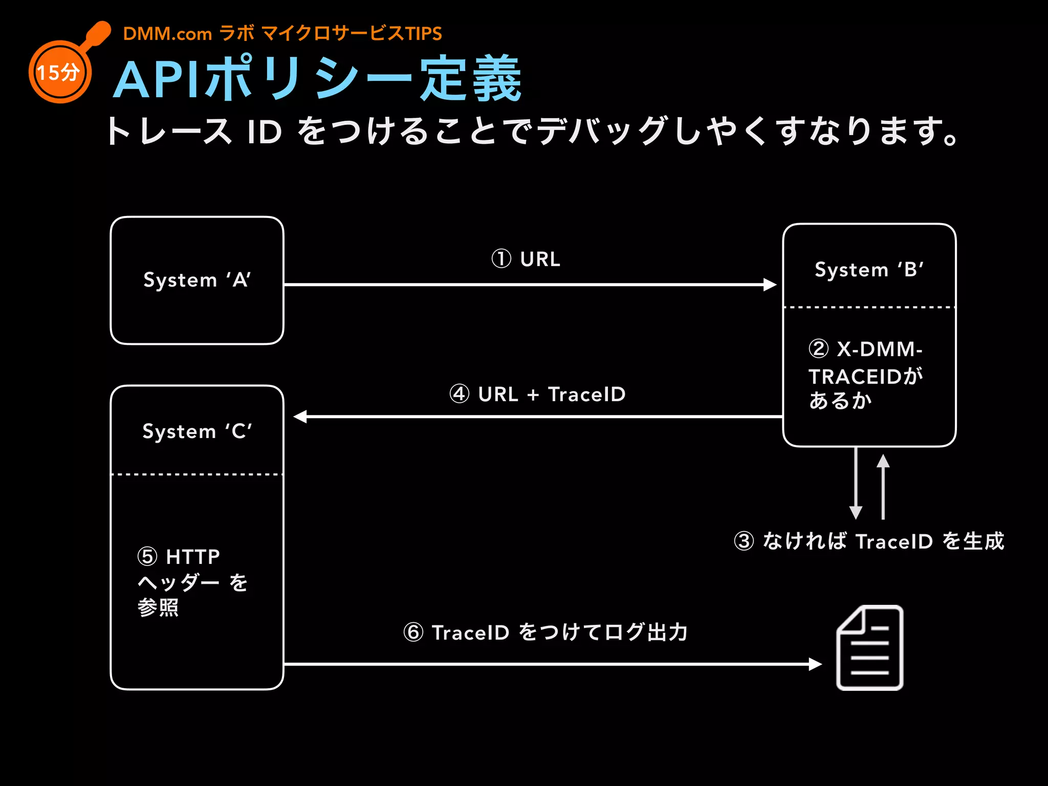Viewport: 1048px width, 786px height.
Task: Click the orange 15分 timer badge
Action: click(x=59, y=72)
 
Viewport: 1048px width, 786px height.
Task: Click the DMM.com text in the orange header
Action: click(x=167, y=34)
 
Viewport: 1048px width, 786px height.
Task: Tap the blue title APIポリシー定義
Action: click(x=317, y=79)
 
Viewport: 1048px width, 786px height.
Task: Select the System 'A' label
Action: click(x=197, y=280)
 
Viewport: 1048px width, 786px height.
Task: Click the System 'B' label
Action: click(x=869, y=270)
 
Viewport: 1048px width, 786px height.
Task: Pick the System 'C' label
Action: click(x=197, y=431)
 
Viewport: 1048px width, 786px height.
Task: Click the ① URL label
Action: click(x=526, y=259)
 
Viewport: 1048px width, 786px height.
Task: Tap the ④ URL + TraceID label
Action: click(x=537, y=394)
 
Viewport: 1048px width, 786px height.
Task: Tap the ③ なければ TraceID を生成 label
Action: click(x=869, y=541)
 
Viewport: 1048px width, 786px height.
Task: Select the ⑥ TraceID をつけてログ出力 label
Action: click(x=545, y=632)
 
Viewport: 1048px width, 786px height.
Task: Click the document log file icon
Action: click(x=869, y=648)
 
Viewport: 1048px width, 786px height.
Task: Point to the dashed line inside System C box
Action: click(x=197, y=474)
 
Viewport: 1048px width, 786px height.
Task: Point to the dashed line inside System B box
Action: click(x=869, y=308)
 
